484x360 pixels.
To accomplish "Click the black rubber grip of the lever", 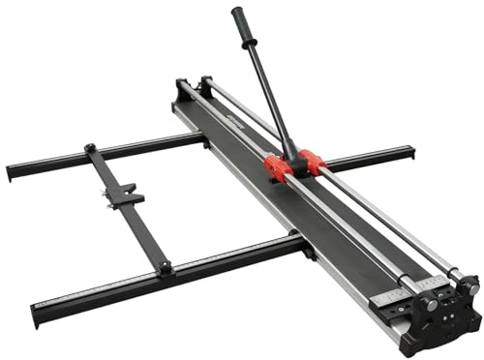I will coord(243,26).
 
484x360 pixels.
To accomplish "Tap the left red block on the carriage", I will coord(278,168).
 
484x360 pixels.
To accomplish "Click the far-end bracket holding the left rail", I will coord(182,88).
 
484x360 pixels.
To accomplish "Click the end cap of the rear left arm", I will coord(12,174).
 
